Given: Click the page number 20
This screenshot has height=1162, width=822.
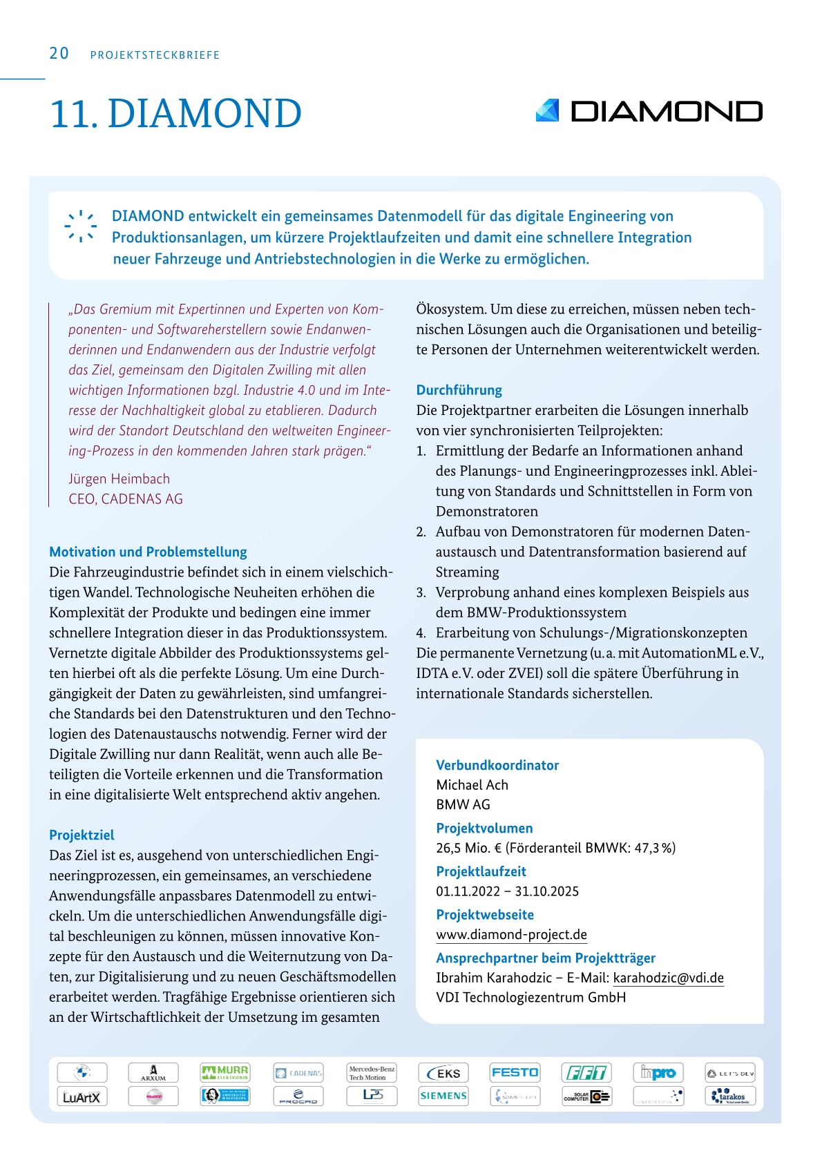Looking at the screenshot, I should (59, 54).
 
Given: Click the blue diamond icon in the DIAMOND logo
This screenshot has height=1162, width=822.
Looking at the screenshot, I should (547, 111).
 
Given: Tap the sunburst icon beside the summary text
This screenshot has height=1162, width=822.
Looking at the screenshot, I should (81, 226).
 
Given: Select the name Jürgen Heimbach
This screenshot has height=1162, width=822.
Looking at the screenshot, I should (119, 479).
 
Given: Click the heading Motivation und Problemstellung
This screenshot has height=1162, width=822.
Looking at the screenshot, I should (148, 552).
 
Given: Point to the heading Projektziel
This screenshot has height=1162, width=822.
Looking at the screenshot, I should (82, 835).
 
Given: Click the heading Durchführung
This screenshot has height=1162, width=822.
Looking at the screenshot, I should (459, 390).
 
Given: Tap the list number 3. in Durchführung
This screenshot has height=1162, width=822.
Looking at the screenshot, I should (421, 593).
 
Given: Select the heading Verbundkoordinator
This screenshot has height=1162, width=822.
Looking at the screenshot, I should (497, 766).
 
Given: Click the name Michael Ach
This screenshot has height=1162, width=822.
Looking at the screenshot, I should (472, 785).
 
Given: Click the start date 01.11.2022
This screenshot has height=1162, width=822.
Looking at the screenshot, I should (468, 891).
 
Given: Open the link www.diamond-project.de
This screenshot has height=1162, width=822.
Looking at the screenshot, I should (511, 935).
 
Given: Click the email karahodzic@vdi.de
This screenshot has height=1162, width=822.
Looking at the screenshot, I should (668, 978).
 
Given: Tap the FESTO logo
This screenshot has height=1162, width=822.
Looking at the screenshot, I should (515, 1072).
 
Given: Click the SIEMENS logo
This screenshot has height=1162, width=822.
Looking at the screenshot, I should (443, 1096).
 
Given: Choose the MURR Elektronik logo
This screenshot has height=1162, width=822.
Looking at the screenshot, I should (224, 1072).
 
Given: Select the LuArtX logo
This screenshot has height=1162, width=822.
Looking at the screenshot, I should (82, 1096).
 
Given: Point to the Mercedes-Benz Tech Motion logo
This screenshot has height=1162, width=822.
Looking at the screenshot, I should (372, 1073).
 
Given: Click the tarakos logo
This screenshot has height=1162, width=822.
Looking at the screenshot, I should (730, 1096).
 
